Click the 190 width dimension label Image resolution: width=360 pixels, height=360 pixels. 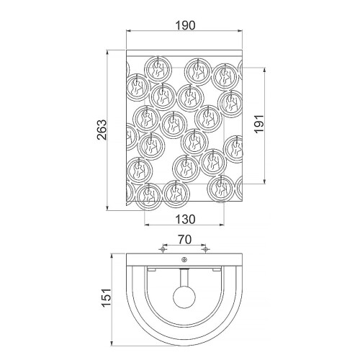[186, 25]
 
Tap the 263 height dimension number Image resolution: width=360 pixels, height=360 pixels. [102, 130]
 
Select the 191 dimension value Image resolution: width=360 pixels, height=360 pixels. [259, 124]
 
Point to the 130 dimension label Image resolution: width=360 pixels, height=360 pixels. [186, 220]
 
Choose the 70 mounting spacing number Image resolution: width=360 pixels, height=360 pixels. [185, 240]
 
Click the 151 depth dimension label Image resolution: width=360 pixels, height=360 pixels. [107, 297]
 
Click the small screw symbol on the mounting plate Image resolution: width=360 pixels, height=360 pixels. [184, 259]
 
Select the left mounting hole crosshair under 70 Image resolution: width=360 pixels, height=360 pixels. [163, 249]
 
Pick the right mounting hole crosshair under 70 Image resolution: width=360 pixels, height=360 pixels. [205, 249]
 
